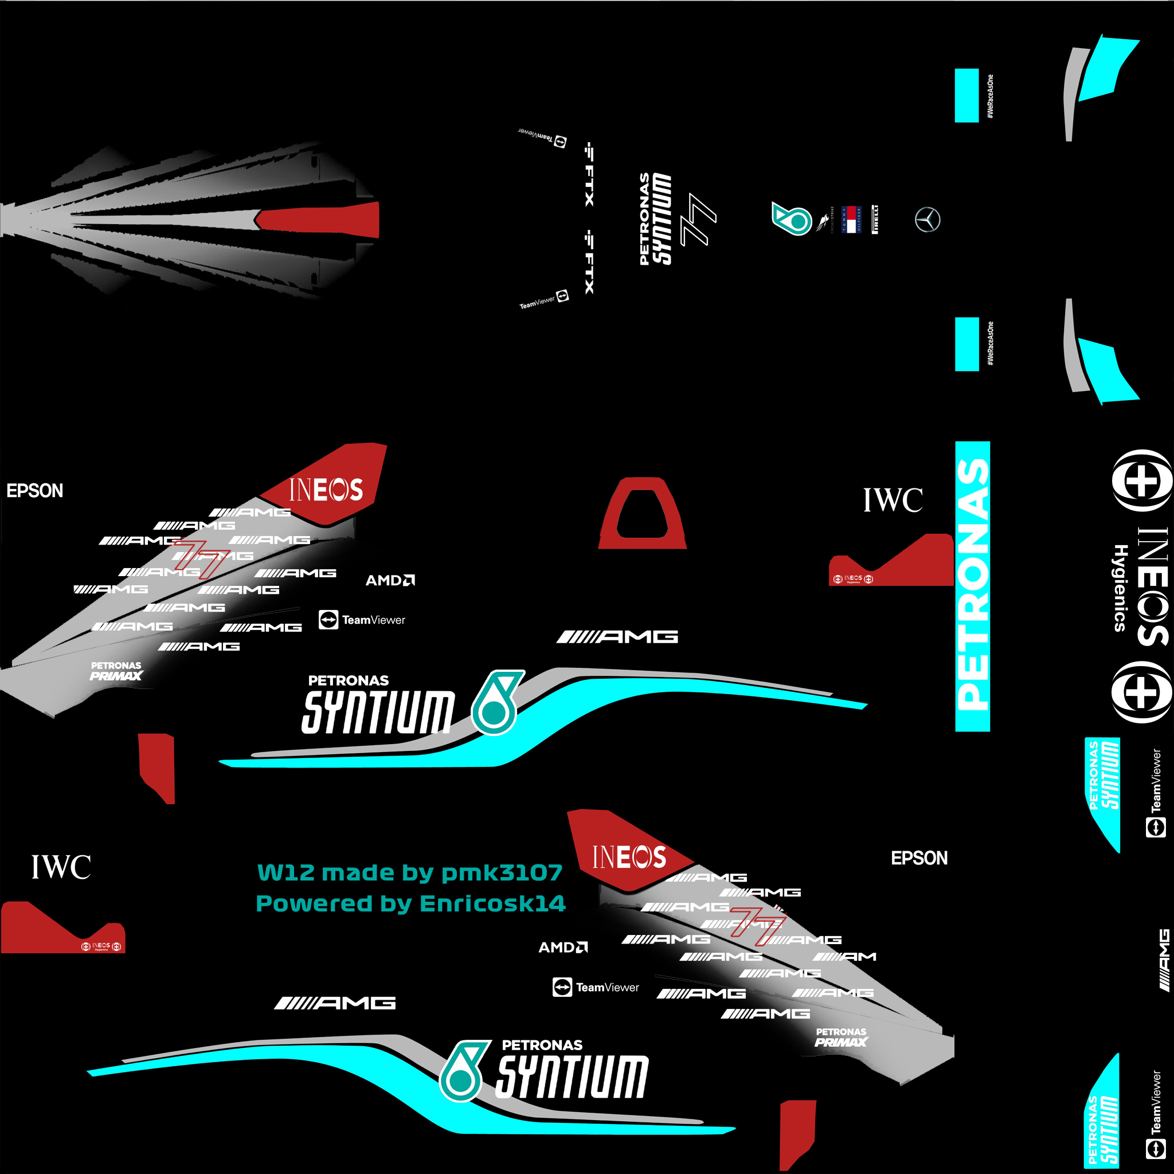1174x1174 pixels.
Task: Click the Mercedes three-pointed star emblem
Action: pyautogui.click(x=928, y=220)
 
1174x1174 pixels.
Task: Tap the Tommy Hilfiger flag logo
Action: pyautogui.click(x=851, y=220)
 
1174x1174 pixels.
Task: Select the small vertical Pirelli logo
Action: pyautogui.click(x=875, y=220)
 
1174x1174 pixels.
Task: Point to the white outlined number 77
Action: pyautogui.click(x=698, y=220)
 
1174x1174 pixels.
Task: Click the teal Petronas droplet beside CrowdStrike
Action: pyautogui.click(x=791, y=219)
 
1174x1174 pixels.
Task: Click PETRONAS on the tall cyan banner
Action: pyautogui.click(x=972, y=585)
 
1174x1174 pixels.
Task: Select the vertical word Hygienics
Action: pyautogui.click(x=1120, y=588)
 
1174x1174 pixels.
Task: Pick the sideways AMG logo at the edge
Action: pyautogui.click(x=1163, y=960)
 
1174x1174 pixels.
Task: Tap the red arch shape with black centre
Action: pyautogui.click(x=642, y=514)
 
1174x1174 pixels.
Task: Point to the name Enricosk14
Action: pyautogui.click(x=492, y=903)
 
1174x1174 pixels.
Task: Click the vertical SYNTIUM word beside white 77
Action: pyautogui.click(x=662, y=220)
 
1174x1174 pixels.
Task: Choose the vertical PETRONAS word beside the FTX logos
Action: pyautogui.click(x=644, y=220)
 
